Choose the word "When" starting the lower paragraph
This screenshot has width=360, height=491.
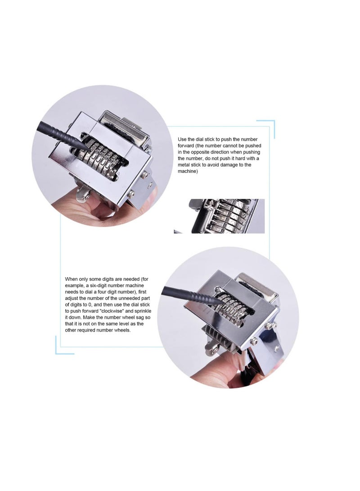[72, 279]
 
